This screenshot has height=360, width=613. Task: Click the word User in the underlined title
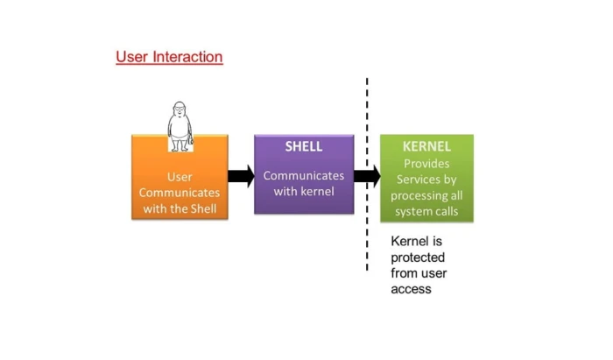coord(132,57)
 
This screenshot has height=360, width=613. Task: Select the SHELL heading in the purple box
coord(303,146)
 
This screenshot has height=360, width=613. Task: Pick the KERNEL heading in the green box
coord(426,146)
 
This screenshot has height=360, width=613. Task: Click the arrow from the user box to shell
coord(241,176)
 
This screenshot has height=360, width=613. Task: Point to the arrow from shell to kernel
coord(367,176)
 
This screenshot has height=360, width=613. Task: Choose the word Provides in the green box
coord(426,164)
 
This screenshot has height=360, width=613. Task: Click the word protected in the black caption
coord(418,258)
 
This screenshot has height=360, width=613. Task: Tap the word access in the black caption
coord(411,289)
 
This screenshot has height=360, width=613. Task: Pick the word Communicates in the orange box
coord(180,193)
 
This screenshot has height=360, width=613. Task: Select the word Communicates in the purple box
coord(303,175)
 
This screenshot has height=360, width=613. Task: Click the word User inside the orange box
coord(180,177)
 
